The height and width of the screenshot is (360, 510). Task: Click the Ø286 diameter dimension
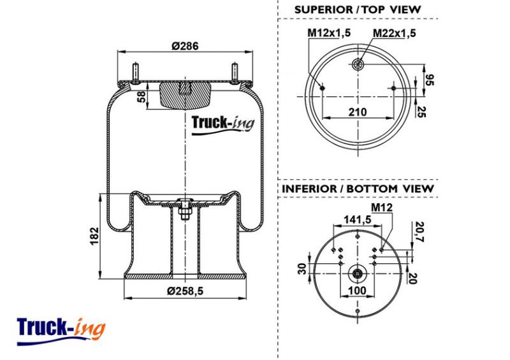coord(185,46)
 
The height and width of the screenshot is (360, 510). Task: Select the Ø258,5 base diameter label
coord(185,291)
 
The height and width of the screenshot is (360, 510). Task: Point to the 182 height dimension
coord(94,236)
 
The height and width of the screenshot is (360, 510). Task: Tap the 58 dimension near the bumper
coord(141,97)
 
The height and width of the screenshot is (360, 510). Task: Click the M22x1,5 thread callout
coord(394,33)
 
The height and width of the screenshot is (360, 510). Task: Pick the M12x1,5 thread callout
coord(329,33)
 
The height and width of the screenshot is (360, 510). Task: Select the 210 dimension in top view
coord(358,112)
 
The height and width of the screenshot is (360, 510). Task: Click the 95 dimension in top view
coord(429,80)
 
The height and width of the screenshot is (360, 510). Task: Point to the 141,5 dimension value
coord(358,220)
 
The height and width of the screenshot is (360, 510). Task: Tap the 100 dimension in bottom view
coord(357,290)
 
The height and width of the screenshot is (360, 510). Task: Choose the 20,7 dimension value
coord(420,231)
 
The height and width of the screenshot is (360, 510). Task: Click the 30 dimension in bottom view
coord(302,269)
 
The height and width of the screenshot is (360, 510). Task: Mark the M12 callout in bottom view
coord(382,207)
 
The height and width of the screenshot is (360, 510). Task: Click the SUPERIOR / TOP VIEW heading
coord(358,10)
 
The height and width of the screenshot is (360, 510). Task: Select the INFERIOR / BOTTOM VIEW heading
coord(358,189)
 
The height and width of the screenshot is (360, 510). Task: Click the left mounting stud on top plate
coord(135,71)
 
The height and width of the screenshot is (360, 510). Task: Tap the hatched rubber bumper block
coord(185,95)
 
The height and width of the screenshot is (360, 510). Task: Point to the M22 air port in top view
coord(358,64)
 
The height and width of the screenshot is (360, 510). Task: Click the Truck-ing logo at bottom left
coord(61,331)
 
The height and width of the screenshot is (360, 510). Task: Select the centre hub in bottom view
coord(358,273)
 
